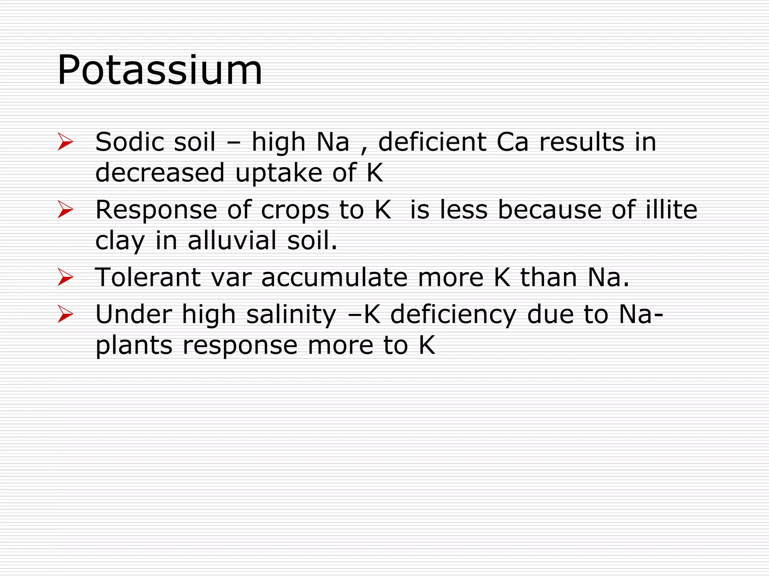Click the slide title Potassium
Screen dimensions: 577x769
point(160,71)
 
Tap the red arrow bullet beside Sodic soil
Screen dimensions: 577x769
point(65,142)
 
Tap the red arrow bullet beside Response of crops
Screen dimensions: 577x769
point(65,210)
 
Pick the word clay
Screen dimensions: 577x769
point(120,241)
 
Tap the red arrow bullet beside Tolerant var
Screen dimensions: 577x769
point(65,277)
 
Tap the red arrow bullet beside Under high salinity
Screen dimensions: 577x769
point(65,314)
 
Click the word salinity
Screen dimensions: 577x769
point(291,315)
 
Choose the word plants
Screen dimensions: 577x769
point(134,346)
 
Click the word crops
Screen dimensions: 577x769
point(295,210)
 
